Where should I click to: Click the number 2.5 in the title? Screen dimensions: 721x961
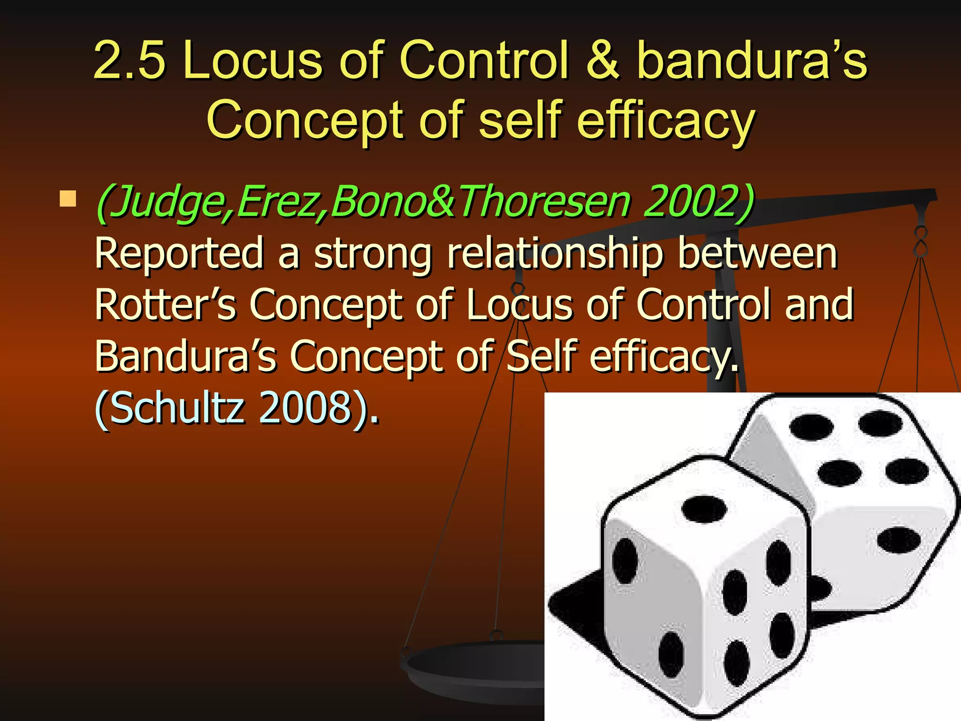point(130,60)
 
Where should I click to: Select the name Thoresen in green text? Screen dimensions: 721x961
point(544,202)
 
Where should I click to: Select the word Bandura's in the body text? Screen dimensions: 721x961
point(185,357)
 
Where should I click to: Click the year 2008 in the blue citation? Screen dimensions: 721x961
point(305,407)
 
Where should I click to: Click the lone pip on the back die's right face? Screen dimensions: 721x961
point(898,540)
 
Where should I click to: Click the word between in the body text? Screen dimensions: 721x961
point(757,253)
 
